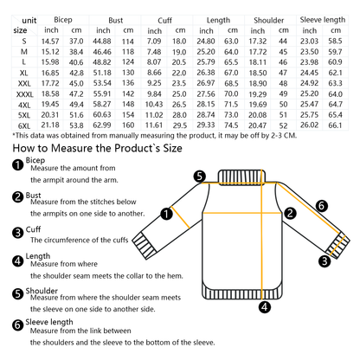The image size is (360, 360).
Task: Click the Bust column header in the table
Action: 115,21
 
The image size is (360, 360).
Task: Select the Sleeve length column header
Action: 323,20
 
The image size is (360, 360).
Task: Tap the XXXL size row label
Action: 24,94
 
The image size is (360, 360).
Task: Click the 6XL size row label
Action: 24,125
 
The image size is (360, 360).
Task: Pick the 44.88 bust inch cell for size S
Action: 102,42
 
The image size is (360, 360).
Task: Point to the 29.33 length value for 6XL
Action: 206,125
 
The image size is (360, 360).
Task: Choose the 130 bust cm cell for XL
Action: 128,73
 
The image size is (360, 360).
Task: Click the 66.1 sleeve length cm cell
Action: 335,125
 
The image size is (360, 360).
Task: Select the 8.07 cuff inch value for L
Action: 154,62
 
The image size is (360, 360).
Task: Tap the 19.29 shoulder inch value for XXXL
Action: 258,94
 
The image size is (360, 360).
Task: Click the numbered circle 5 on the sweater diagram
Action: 200,176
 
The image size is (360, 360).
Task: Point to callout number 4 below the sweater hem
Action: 265,307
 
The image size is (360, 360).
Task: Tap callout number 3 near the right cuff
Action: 325,261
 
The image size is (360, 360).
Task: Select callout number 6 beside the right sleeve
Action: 321,206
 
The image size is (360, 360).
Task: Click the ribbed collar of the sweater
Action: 241,177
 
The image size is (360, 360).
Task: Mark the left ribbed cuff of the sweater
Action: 145,244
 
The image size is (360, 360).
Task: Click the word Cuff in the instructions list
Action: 33,229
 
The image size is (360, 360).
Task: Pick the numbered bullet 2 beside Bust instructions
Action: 18,196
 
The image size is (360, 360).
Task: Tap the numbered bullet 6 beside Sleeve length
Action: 18,325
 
